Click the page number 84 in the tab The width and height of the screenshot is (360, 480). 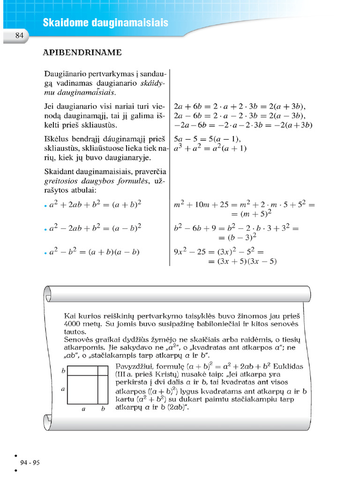[19, 36]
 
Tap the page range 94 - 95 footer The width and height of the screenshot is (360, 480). [30, 462]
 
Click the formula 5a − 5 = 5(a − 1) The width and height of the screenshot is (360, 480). [207, 139]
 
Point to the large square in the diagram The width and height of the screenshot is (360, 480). [82, 390]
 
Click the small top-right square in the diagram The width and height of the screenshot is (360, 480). [103, 371]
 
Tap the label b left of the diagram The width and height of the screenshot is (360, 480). [63, 371]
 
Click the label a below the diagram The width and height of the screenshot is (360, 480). [83, 409]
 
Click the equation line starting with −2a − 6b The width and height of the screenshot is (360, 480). [243, 125]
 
